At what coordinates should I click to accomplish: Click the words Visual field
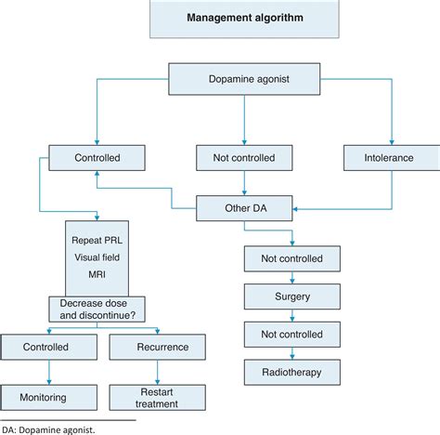pyautogui.click(x=97, y=257)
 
